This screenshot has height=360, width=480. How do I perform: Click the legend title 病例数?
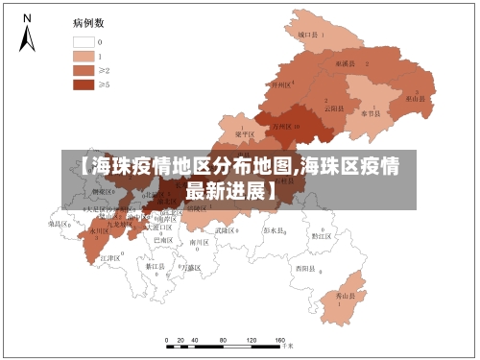pyautogui.click(x=88, y=21)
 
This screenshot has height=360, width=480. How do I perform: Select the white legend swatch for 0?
pyautogui.click(x=83, y=42)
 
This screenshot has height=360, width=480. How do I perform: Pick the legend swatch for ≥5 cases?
pyautogui.click(x=83, y=84)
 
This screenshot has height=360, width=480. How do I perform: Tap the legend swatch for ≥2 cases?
pyautogui.click(x=83, y=70)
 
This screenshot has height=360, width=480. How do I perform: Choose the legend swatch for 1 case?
pyautogui.click(x=83, y=57)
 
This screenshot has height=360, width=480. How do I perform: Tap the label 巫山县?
pyautogui.click(x=415, y=98)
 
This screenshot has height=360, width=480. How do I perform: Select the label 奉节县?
pyautogui.click(x=372, y=113)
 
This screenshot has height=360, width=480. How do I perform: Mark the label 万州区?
pyautogui.click(x=284, y=126)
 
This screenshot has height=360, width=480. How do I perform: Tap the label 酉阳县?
pyautogui.click(x=305, y=268)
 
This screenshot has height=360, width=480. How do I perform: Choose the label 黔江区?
pyautogui.click(x=321, y=235)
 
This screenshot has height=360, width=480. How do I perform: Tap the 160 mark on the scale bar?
pyautogui.click(x=280, y=343)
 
